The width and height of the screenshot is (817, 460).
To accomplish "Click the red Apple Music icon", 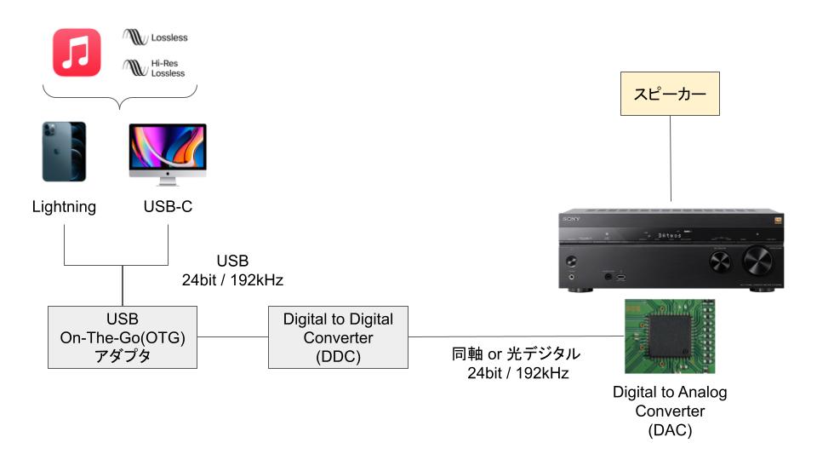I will point(77,52).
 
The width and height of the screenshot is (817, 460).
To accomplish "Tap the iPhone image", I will point(64,151).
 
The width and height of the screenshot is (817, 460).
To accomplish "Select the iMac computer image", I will point(167,152).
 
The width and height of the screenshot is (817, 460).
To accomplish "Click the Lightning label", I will point(64,207).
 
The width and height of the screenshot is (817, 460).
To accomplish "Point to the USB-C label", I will point(167,207).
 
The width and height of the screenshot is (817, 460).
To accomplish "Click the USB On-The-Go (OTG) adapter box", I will point(123,337).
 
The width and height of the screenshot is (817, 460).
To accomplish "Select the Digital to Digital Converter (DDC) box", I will point(338,337).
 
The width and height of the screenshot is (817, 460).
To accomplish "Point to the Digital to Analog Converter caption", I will point(670,411).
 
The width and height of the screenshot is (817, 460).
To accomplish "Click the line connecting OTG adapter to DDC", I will point(232,337).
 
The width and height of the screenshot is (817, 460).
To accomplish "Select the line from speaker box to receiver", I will point(670,162).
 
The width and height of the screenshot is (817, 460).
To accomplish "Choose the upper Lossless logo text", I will point(169,37).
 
